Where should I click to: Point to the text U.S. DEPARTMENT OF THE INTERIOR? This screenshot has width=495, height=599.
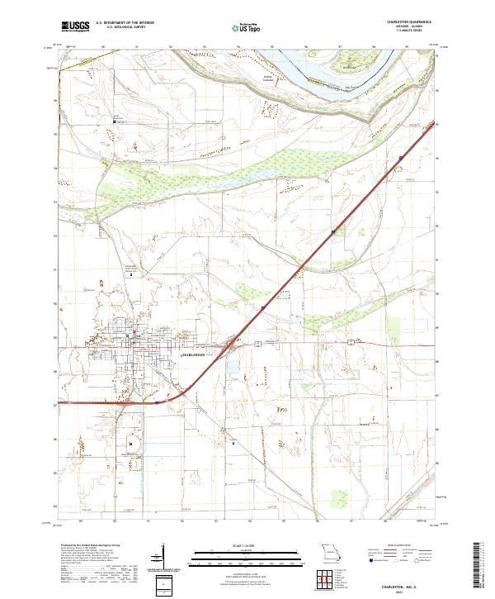tap(125, 24)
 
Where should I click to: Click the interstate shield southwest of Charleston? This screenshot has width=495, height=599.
tap(156, 404)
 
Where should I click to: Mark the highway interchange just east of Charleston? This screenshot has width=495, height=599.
tap(234, 347)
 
